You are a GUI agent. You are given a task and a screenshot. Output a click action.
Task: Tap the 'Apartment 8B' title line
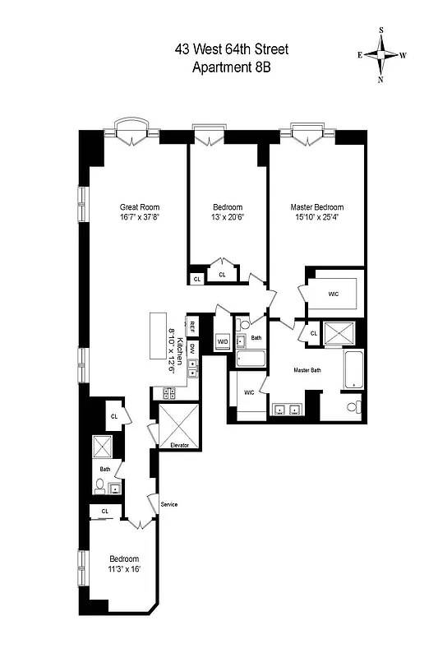click(x=231, y=67)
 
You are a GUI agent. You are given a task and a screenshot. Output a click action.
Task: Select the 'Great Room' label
click(x=139, y=207)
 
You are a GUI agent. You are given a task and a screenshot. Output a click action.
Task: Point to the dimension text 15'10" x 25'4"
click(x=316, y=218)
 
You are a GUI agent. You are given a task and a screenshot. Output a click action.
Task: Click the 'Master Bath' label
click(x=311, y=369)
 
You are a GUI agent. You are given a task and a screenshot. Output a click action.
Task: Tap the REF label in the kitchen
click(x=192, y=325)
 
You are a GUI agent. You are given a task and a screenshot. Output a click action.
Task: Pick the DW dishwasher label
click(x=192, y=348)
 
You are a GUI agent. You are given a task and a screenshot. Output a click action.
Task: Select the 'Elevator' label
click(x=180, y=445)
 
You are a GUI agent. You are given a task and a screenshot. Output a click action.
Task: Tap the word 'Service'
click(x=169, y=504)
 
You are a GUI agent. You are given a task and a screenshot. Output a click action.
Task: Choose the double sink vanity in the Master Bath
click(x=288, y=407)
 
